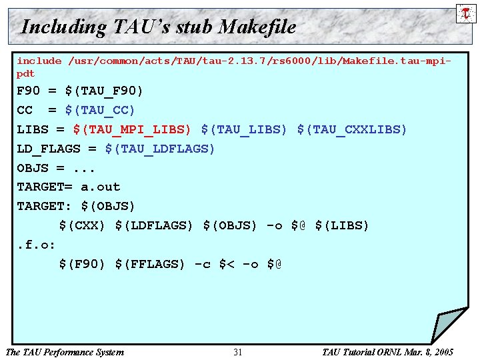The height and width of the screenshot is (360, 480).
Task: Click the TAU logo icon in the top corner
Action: (465, 13)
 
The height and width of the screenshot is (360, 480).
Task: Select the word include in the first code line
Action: (39, 61)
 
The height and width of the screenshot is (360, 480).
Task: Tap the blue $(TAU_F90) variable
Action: (104, 91)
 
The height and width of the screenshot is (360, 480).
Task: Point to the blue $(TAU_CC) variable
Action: (100, 110)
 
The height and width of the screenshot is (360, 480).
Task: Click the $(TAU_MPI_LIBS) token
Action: (132, 129)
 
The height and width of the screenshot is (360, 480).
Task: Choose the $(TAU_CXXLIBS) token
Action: (352, 129)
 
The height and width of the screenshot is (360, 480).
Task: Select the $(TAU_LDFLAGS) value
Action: (160, 149)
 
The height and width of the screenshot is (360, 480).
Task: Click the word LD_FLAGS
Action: (48, 149)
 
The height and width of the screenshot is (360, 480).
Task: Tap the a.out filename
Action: (100, 187)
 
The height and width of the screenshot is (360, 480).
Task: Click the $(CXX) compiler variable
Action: (82, 225)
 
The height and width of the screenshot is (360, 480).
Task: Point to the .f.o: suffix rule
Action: (36, 245)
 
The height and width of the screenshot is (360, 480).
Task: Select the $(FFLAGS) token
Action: (150, 264)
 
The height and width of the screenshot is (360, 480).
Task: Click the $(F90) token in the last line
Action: (82, 264)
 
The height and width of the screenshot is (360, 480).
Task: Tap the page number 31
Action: (238, 352)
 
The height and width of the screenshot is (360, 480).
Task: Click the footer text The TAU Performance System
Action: (64, 352)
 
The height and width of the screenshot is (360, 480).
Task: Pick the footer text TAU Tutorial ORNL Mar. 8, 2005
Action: (387, 352)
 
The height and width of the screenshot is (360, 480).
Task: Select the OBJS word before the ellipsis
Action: (32, 168)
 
